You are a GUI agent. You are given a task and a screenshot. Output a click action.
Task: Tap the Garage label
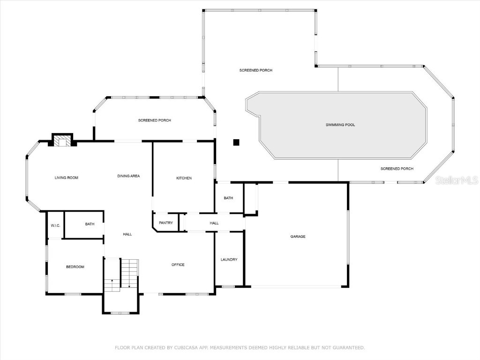point(298,237)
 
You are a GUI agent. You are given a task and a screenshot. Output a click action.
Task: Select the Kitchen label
point(184,178)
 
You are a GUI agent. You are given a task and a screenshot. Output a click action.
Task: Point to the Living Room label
point(66,178)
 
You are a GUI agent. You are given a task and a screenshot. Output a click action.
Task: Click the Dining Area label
point(128,176)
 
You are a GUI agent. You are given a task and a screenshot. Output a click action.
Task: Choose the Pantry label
point(166,223)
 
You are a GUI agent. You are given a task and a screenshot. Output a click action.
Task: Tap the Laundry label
point(229,260)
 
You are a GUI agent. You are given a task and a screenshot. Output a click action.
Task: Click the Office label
point(178,265)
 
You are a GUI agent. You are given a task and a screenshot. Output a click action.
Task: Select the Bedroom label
point(75,267)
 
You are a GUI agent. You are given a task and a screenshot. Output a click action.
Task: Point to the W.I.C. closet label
point(55,225)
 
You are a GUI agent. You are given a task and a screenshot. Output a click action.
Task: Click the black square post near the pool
point(237,142)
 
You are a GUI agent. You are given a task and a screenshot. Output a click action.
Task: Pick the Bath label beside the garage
point(228,198)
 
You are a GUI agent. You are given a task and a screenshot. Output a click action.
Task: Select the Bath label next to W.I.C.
point(90,224)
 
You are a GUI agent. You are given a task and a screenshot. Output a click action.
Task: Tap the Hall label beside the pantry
point(214,223)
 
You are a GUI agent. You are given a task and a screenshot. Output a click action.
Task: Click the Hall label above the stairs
point(127,234)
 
